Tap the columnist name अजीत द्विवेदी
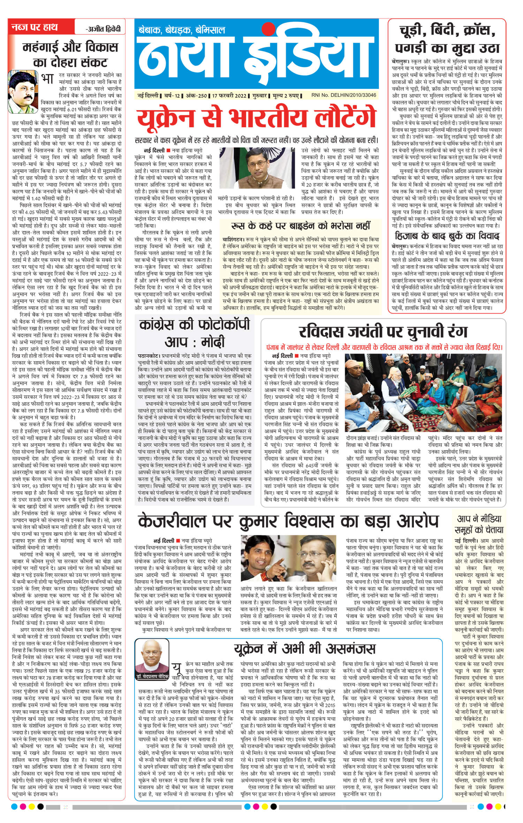pyautogui.click(x=104, y=28)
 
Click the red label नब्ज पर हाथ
pyautogui.click(x=35, y=28)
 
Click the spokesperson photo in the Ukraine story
pyautogui.click(x=257, y=171)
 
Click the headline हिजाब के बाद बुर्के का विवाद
pyautogui.click(x=447, y=236)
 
